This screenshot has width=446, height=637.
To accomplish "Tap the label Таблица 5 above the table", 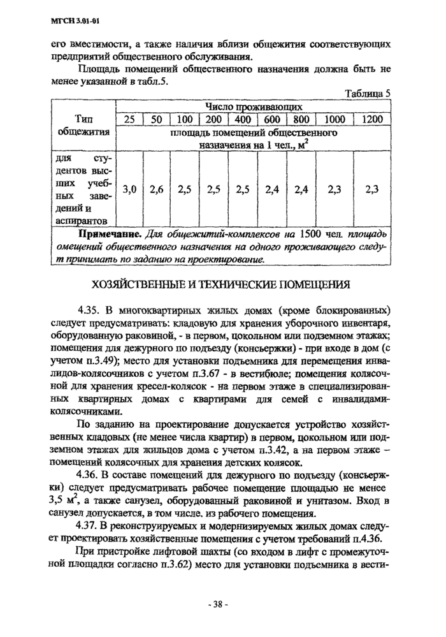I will (x=367, y=93).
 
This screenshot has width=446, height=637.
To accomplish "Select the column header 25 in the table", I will (x=129, y=119).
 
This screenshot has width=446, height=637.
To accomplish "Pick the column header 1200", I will (x=372, y=119).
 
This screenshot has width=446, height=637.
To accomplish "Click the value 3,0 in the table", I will (x=129, y=189).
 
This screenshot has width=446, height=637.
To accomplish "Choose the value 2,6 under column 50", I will (x=157, y=189).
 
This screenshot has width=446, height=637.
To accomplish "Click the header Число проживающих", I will (x=253, y=106).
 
